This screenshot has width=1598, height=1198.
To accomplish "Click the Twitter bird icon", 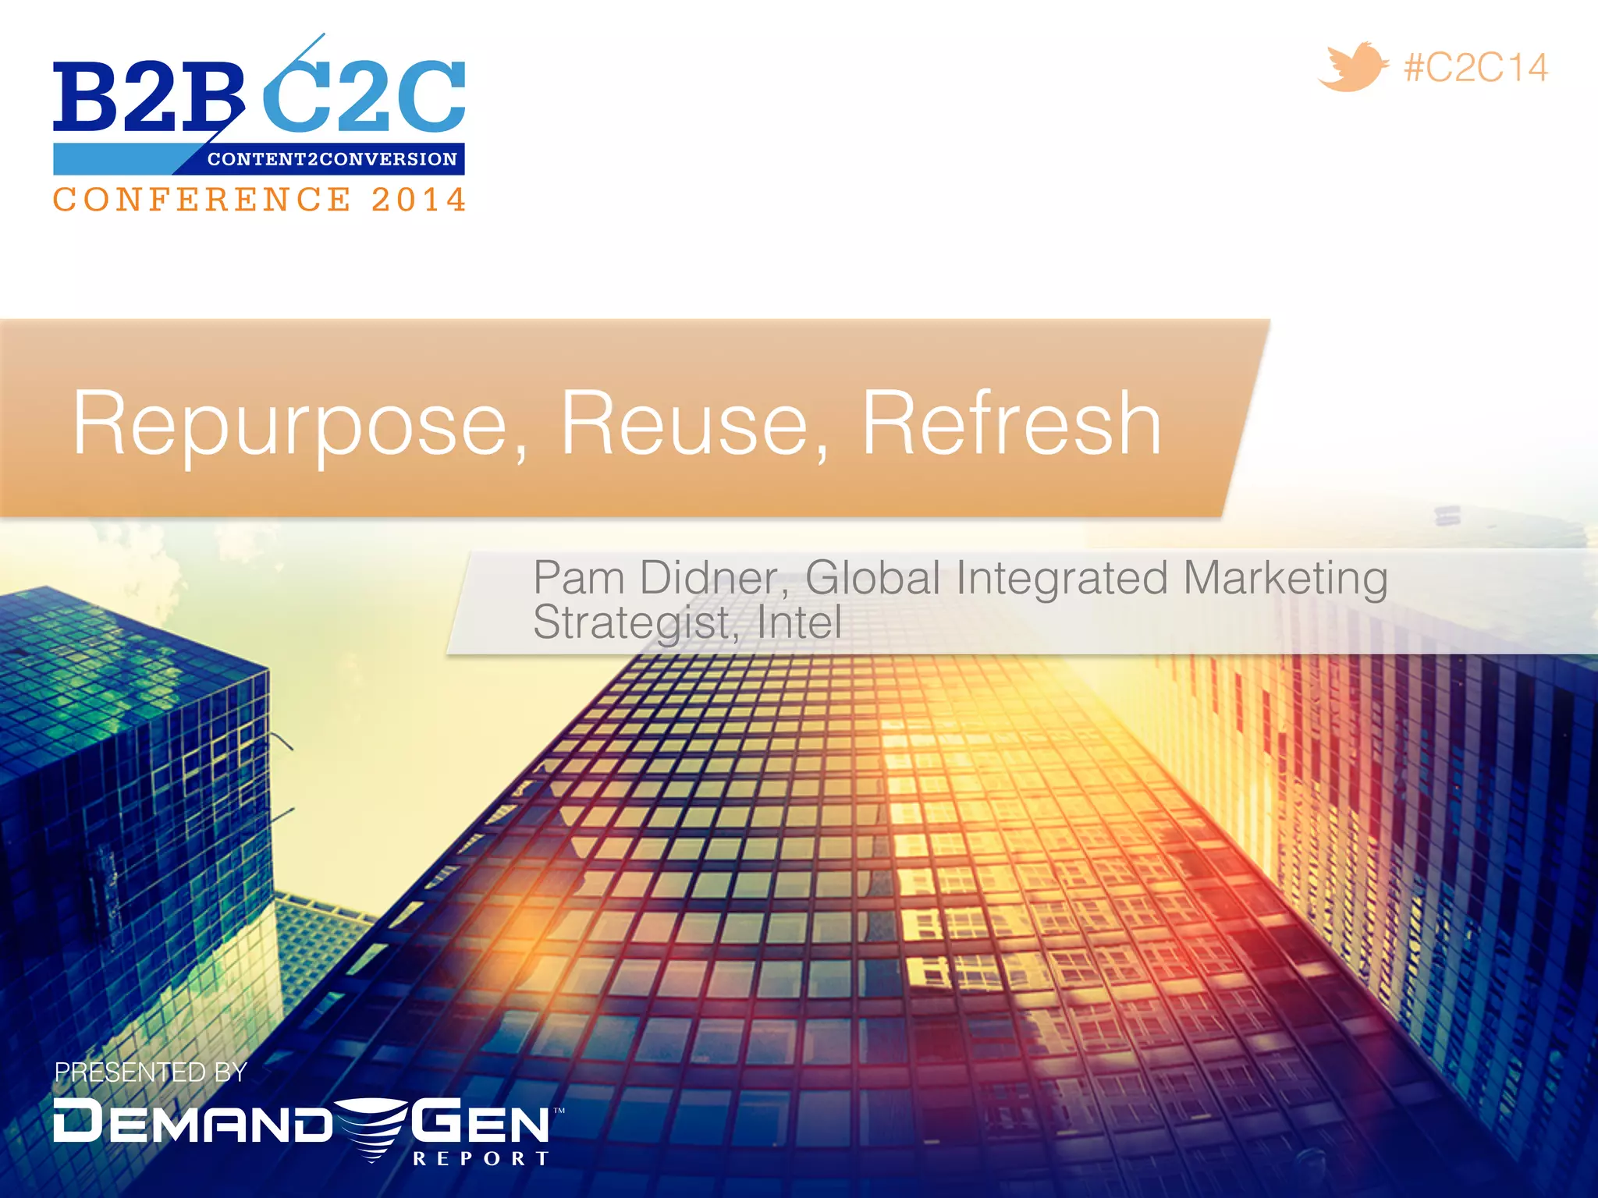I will (x=1353, y=68).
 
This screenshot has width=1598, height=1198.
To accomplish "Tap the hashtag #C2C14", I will (x=1475, y=68).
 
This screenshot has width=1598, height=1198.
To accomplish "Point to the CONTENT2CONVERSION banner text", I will (x=332, y=159).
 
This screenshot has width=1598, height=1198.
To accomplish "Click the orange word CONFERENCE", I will (x=202, y=200).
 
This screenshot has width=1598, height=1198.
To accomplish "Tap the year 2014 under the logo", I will (x=418, y=200).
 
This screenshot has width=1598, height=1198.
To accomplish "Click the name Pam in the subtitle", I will (x=578, y=578).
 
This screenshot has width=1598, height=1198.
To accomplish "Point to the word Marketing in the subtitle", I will (x=1285, y=580).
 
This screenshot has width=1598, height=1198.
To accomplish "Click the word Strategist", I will (x=634, y=623).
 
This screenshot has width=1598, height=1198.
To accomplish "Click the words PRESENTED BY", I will (x=151, y=1072).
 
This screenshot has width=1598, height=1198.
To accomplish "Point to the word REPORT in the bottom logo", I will (x=481, y=1158).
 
